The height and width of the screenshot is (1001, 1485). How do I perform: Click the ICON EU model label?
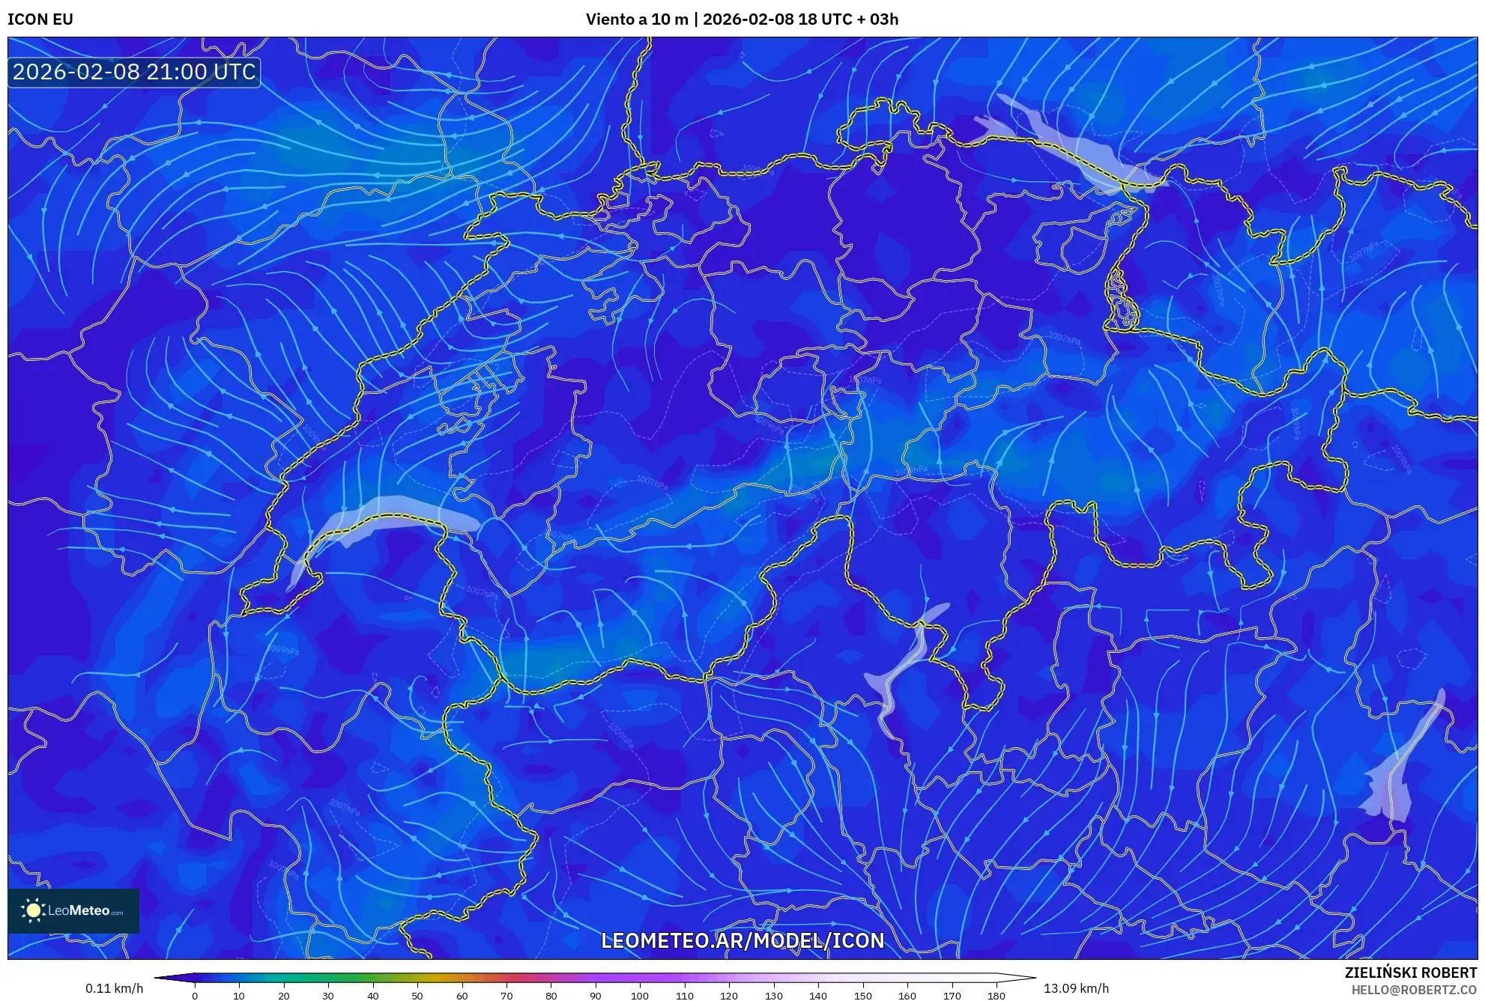click(x=40, y=19)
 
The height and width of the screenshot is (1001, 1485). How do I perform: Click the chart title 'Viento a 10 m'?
click(x=636, y=19)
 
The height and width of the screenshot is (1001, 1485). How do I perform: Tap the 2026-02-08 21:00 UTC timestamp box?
click(x=134, y=72)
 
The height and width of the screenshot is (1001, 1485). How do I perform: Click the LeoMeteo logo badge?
click(x=73, y=910)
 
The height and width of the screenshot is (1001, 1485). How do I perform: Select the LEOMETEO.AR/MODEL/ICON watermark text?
click(x=742, y=940)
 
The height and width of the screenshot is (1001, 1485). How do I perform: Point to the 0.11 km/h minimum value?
click(x=114, y=988)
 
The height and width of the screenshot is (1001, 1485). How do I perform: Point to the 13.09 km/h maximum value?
click(x=1076, y=988)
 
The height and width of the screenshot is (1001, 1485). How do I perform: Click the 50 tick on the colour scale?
click(x=417, y=996)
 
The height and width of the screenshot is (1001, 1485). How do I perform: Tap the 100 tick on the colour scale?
click(x=640, y=996)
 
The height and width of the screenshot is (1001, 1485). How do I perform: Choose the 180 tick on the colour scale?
click(x=996, y=996)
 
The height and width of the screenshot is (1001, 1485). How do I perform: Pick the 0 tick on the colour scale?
click(x=195, y=996)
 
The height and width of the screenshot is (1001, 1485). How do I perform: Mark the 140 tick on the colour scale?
click(x=818, y=996)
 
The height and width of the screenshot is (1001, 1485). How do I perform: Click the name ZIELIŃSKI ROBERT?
click(x=1410, y=973)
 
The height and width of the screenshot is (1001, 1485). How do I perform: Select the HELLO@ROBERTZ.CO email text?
click(x=1414, y=990)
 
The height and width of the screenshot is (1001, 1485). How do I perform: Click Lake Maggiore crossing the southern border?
click(x=907, y=666)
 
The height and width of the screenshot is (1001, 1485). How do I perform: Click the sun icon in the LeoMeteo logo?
click(x=33, y=910)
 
